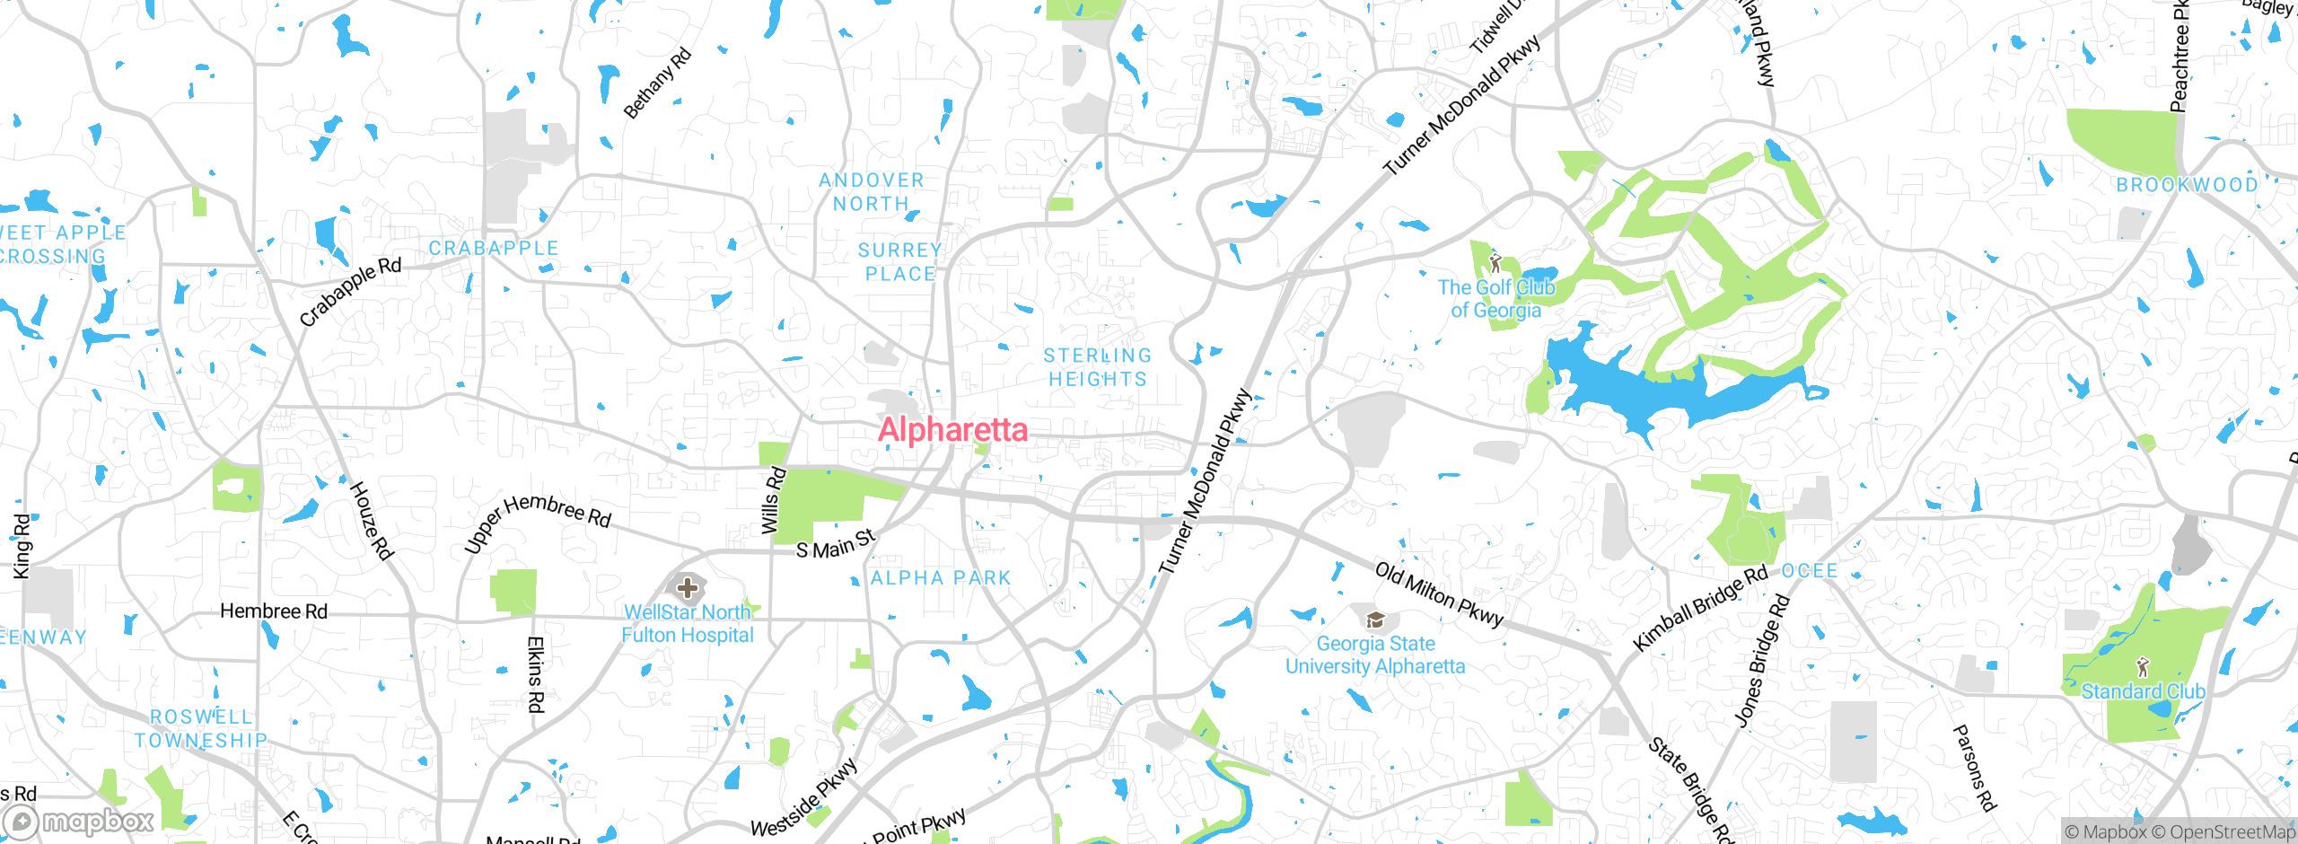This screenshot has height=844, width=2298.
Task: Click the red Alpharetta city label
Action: click(952, 430)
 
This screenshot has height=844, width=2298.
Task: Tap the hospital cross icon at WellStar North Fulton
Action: click(688, 589)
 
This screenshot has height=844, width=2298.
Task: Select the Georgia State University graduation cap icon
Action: click(1374, 620)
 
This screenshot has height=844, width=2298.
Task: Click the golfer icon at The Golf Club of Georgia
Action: click(1495, 263)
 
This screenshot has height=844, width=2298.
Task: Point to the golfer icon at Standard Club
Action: click(2144, 667)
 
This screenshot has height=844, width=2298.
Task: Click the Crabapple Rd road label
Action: click(350, 292)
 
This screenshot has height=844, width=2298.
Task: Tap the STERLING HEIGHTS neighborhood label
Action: click(1097, 368)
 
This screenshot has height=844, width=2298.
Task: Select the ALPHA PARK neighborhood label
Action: click(941, 578)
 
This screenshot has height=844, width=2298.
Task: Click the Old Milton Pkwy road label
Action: click(1439, 594)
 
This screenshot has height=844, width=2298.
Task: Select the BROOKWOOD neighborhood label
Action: click(2187, 185)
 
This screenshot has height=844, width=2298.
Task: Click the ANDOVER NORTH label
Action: click(871, 192)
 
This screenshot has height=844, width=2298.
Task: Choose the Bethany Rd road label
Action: click(658, 84)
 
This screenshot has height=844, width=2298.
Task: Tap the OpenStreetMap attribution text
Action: click(2232, 832)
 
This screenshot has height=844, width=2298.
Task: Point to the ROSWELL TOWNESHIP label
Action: click(201, 728)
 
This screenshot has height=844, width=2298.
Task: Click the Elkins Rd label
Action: click(535, 674)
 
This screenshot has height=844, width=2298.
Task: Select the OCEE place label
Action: click(1809, 571)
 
